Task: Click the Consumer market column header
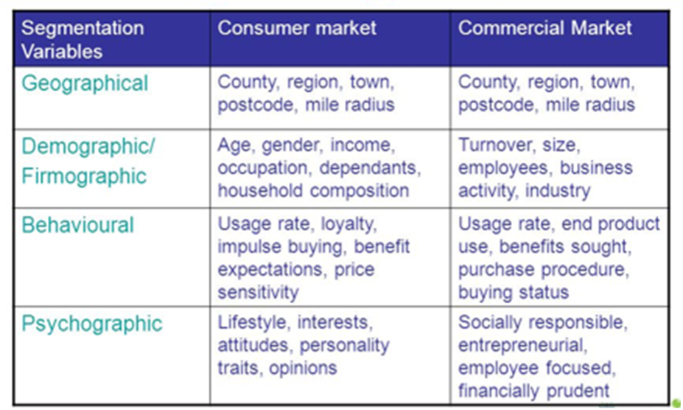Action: [x=297, y=28]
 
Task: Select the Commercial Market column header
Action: [x=544, y=28]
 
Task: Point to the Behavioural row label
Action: [x=77, y=225]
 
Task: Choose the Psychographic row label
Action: [x=92, y=324]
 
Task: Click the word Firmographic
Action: [x=84, y=177]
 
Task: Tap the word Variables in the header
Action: [x=62, y=52]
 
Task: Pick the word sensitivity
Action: [x=258, y=292]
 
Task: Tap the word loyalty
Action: [x=348, y=224]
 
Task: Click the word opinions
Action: [x=303, y=369]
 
